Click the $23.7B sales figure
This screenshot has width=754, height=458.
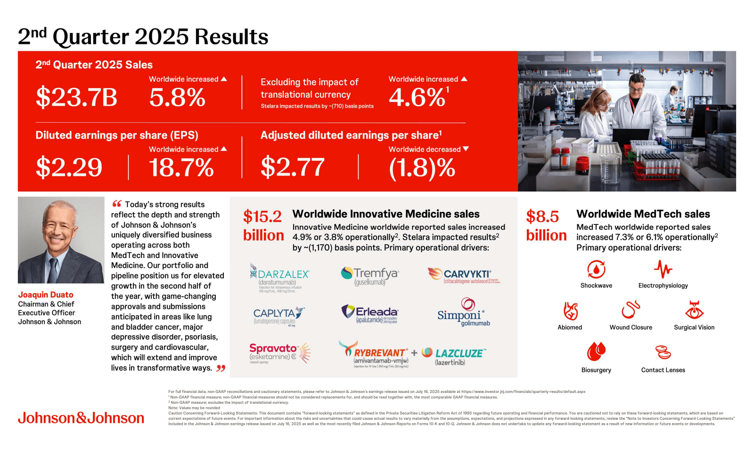click(x=76, y=97)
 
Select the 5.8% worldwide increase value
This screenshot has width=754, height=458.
click(x=177, y=98)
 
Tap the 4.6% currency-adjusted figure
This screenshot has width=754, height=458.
click(x=417, y=98)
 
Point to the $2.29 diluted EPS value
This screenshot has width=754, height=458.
click(x=69, y=167)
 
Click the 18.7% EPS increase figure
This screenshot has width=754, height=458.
click(x=181, y=167)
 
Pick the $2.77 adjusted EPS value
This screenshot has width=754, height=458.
click(x=293, y=167)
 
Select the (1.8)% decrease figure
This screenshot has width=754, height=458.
click(x=422, y=168)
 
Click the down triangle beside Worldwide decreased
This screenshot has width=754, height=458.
click(x=466, y=149)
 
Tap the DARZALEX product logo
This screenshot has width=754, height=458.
click(x=279, y=277)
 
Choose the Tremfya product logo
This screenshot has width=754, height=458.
click(x=370, y=276)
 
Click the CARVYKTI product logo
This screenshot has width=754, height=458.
click(x=464, y=275)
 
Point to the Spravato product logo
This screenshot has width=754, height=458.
click(x=279, y=353)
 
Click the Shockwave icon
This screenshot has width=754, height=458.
click(x=596, y=270)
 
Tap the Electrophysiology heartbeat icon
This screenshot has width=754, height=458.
click(x=663, y=269)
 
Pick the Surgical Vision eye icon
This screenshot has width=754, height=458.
click(x=694, y=310)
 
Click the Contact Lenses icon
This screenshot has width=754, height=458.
click(x=663, y=352)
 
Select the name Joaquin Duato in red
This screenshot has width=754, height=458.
click(x=46, y=295)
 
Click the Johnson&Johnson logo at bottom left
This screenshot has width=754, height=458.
click(x=81, y=418)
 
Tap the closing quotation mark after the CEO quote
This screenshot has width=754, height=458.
click(x=221, y=368)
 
